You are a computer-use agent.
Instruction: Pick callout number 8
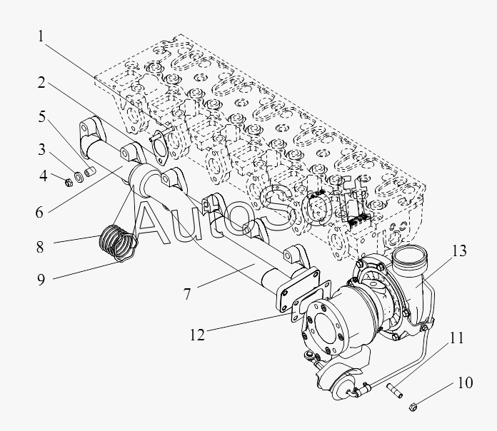point(41,248)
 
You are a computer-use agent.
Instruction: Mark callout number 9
point(41,280)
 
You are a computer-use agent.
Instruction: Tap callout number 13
point(459,250)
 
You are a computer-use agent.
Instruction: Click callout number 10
point(464,383)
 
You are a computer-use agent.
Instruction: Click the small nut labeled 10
point(413,407)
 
